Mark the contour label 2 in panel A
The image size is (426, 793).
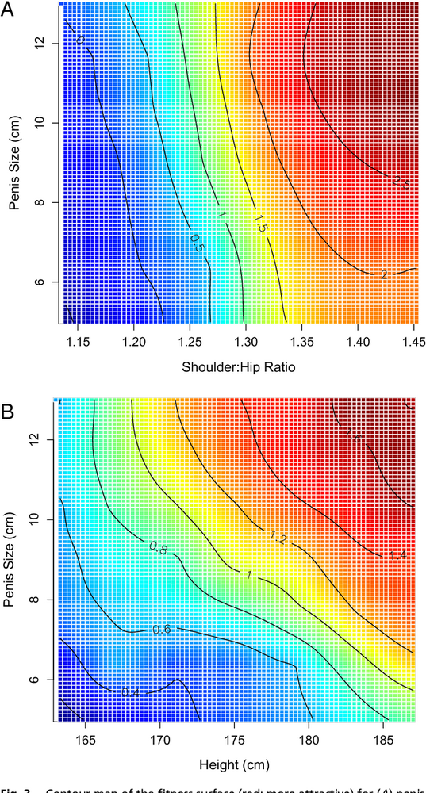click(383, 274)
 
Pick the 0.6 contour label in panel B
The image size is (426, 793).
click(162, 630)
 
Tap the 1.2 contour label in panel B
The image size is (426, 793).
click(278, 538)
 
